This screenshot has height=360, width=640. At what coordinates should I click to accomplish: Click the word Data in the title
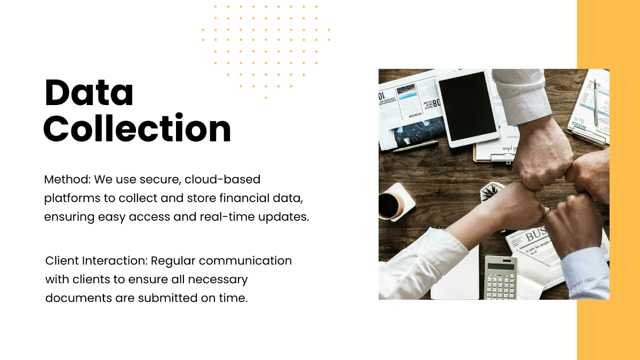pyautogui.click(x=89, y=92)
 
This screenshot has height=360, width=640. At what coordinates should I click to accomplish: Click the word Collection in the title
pyautogui.click(x=137, y=129)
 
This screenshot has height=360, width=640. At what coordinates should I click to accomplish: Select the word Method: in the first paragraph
pyautogui.click(x=67, y=180)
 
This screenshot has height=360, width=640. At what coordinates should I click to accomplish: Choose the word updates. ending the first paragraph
pyautogui.click(x=284, y=217)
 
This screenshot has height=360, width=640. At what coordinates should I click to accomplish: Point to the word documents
pyautogui.click(x=78, y=298)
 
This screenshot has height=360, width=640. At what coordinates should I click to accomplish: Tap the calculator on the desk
pyautogui.click(x=500, y=277)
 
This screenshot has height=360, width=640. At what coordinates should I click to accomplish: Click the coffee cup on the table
pyautogui.click(x=390, y=205)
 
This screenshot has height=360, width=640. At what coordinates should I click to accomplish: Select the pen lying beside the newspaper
pyautogui.click(x=415, y=146)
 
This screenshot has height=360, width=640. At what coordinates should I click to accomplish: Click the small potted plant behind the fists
pyautogui.click(x=492, y=191)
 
